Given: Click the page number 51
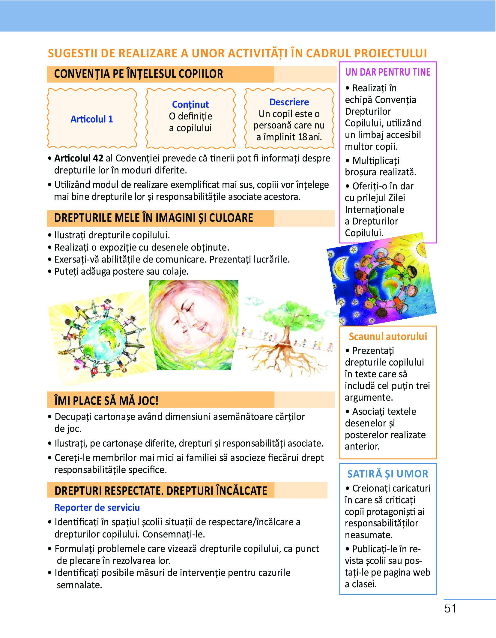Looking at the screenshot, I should tap(450, 608).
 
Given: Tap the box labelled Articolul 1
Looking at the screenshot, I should tap(92, 119).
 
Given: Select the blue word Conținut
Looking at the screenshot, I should tap(190, 104).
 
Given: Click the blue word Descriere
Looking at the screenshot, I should tap(289, 102).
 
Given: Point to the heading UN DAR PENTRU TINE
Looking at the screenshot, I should tap(388, 72).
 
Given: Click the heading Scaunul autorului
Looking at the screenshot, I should tap(388, 336).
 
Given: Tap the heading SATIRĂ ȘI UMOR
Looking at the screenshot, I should tap(388, 474).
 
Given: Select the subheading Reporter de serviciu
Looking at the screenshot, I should tap(97, 507).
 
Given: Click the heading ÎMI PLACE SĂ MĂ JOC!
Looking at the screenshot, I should tap(106, 401).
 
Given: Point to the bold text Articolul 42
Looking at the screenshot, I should tap(79, 158).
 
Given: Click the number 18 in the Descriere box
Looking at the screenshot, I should tap(303, 137).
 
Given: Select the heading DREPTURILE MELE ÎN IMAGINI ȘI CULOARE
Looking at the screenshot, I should tap(154, 218).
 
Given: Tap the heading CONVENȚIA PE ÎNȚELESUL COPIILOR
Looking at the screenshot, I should tap(139, 74).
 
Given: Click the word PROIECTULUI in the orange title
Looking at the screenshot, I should tap(390, 53).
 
